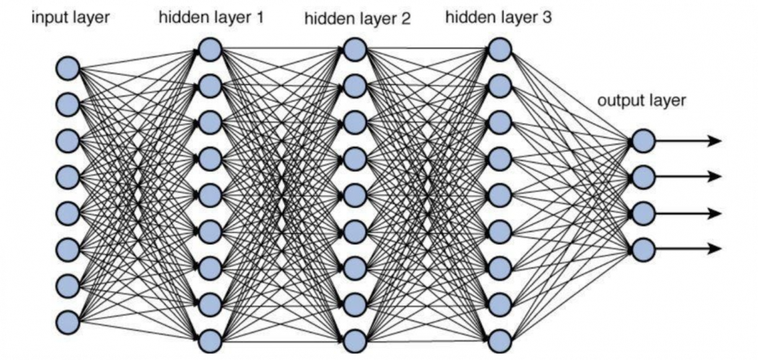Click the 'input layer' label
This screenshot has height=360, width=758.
[70, 17]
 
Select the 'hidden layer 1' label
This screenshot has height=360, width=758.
[211, 17]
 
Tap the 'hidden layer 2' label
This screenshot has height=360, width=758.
[357, 19]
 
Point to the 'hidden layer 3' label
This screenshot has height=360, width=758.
[498, 17]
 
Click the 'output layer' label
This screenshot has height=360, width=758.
[641, 100]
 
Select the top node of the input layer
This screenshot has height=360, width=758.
[68, 68]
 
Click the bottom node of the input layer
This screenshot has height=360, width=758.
[68, 322]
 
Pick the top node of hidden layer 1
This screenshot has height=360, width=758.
[210, 50]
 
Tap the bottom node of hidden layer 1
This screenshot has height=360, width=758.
[210, 341]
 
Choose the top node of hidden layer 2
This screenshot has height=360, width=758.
[355, 50]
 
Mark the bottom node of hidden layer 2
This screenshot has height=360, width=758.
[355, 341]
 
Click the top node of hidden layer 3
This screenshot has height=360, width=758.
[499, 50]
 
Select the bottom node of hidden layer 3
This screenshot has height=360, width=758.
[499, 341]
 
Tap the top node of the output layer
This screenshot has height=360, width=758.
[643, 141]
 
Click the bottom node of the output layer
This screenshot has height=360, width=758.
[643, 249]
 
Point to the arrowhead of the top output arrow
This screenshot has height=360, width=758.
[716, 141]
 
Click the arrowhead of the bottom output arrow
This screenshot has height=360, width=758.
[716, 249]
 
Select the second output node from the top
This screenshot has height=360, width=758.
[643, 177]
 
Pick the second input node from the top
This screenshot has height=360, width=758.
[68, 104]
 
